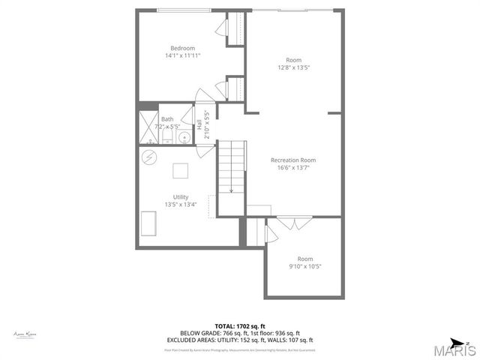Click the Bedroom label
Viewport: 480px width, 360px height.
pos(182,48)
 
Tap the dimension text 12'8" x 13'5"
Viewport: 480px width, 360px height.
pos(294,67)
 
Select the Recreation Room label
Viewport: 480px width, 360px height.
pos(293,160)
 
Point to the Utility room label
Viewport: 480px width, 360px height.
pos(181,196)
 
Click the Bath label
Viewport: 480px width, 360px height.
pos(166,119)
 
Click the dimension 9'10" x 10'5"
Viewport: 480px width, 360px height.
pos(305,266)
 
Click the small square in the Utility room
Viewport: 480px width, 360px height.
pos(181,171)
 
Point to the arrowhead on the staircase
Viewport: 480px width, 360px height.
pos(231,190)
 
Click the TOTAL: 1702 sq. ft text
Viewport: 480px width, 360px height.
pos(240,326)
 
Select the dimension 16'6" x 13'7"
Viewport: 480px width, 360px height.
pos(293,167)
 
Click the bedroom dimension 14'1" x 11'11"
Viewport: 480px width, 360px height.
pos(182,55)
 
